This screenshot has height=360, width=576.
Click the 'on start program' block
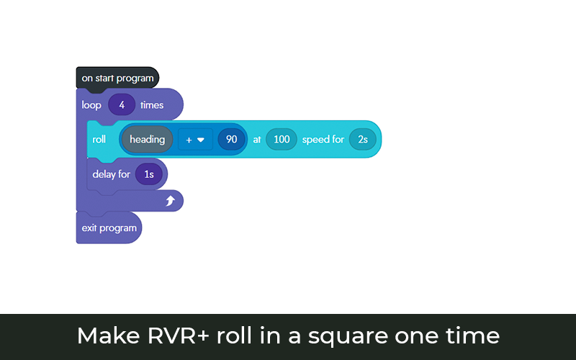point(117,78)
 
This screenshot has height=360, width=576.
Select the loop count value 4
point(122,105)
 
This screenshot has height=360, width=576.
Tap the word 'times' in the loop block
point(152,105)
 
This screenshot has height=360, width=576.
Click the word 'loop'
point(91,105)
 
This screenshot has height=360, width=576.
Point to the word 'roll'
point(99,139)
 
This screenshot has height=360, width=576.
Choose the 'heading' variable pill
point(147,139)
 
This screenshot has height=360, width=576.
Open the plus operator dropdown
point(195,140)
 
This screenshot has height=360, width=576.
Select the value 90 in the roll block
point(231,139)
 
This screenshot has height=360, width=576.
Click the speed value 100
point(281,139)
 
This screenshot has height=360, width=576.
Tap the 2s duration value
point(363,139)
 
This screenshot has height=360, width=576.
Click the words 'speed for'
point(323,139)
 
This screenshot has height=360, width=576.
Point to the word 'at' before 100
point(256,139)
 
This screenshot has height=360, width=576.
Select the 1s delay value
point(149,174)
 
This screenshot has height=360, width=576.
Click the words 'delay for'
point(111,174)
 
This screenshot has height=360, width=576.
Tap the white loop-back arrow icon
point(171,202)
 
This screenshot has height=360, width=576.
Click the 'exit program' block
point(109,228)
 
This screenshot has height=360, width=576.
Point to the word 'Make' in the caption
point(103,336)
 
